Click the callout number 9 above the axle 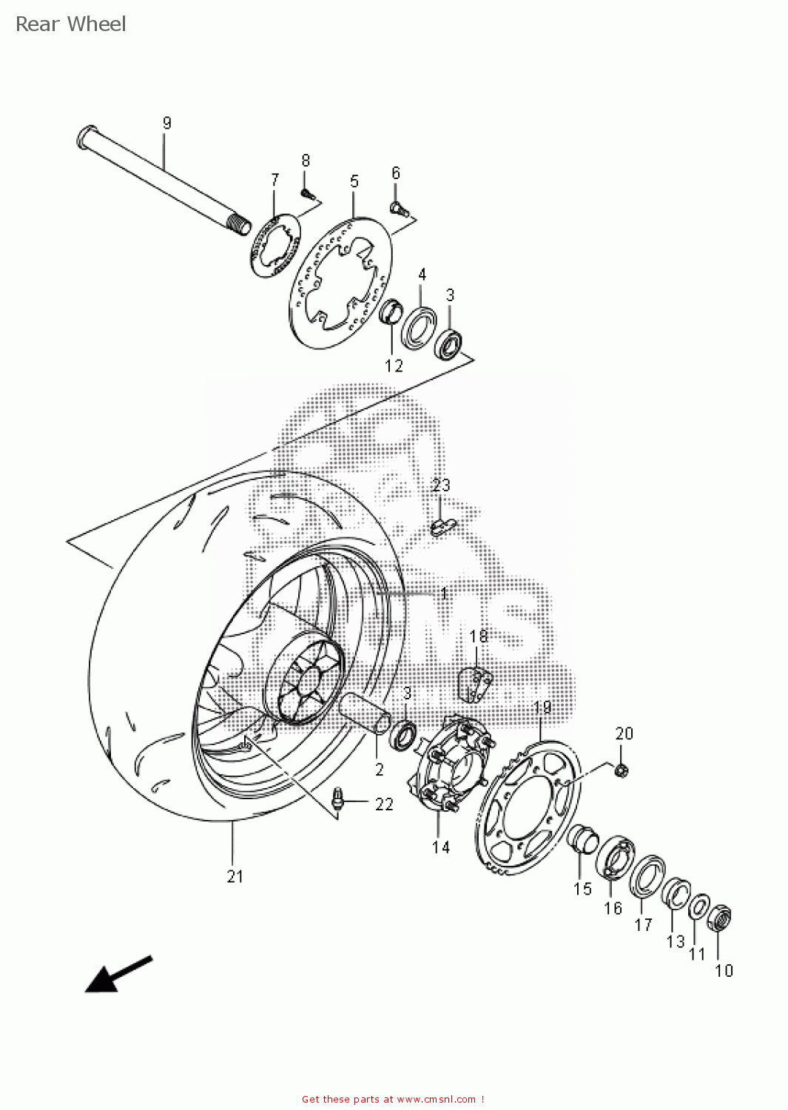point(166,123)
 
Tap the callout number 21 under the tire point(235,876)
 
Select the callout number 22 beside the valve point(384,804)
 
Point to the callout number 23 point(441,485)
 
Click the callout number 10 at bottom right point(724,970)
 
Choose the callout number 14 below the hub point(441,847)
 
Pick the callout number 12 point(394,366)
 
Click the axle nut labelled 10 point(719,919)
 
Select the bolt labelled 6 point(399,207)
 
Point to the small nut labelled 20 point(622,770)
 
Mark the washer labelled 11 point(699,906)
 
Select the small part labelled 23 point(443,526)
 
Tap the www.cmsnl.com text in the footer point(437,1100)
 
